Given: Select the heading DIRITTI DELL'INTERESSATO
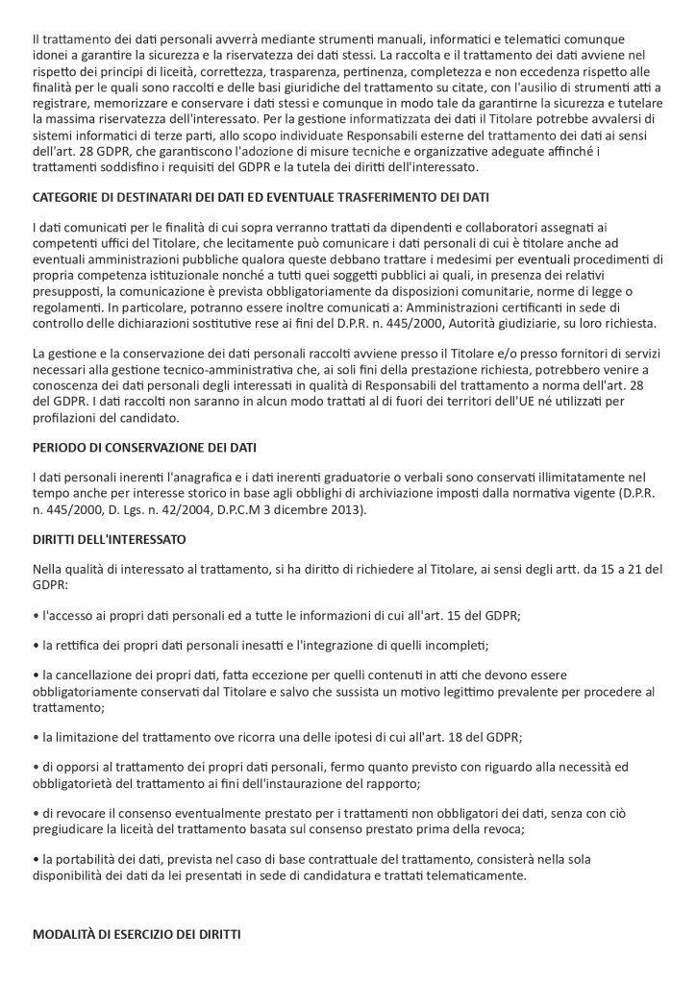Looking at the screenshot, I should (109, 540).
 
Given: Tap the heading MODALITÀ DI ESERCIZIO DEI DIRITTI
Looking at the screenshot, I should (137, 934).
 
